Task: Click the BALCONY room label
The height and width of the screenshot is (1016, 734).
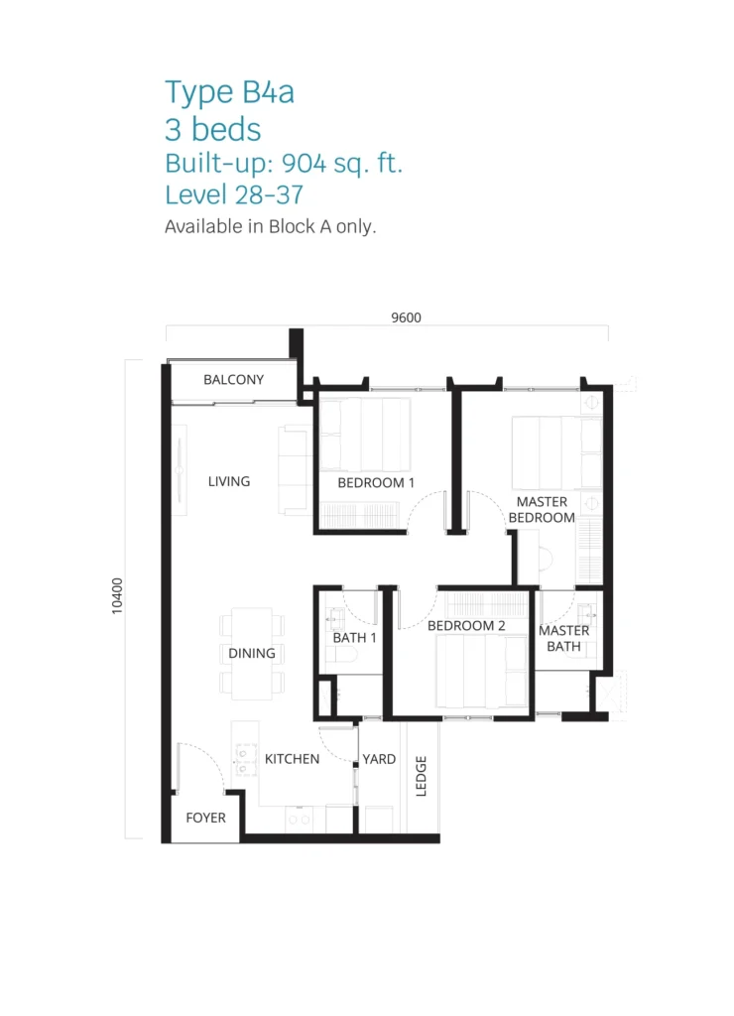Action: point(233,380)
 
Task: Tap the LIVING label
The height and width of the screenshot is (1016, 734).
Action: point(229,481)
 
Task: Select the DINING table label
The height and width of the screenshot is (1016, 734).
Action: point(251,653)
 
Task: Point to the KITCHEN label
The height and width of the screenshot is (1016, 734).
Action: point(292,759)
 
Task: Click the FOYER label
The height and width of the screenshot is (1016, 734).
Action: point(205,818)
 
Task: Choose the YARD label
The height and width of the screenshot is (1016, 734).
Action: point(379,759)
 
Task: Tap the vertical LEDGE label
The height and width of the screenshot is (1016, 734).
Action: point(422,776)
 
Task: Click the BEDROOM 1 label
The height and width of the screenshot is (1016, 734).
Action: point(376,483)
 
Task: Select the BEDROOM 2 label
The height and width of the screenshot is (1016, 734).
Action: point(466,626)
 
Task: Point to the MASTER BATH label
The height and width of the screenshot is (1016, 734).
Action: point(563,638)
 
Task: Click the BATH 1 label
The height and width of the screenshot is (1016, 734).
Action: point(354,638)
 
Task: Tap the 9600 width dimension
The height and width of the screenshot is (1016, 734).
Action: point(407,317)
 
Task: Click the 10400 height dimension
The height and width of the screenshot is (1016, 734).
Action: point(117,596)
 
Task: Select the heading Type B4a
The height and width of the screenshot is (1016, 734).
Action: point(229,91)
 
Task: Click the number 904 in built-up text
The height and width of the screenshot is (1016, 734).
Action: point(304,163)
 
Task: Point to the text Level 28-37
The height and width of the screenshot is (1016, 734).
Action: point(234,194)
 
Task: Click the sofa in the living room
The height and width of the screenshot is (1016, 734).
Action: point(295,469)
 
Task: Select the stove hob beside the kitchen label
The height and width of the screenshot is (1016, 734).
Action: point(245,759)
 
